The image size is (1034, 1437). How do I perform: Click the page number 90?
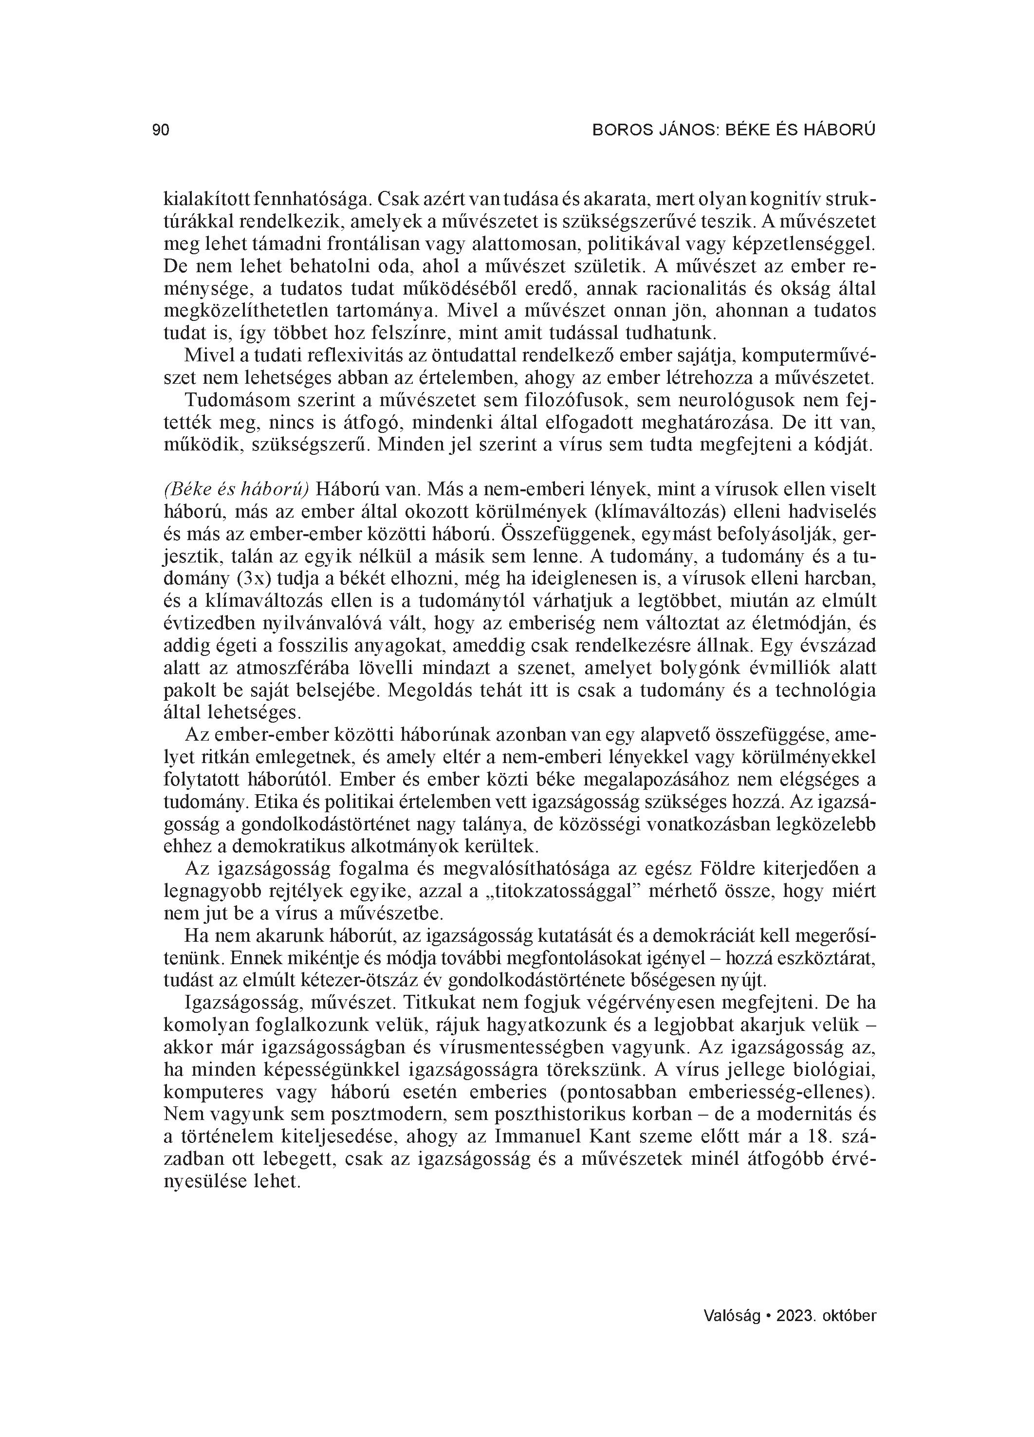[161, 131]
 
